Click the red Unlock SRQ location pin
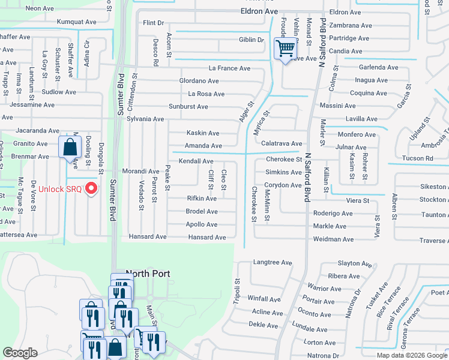[x=91, y=188]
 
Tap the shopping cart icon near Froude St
[x=286, y=47]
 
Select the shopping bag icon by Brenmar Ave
[x=70, y=146]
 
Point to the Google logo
[x=20, y=353]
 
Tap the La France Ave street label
[x=229, y=68]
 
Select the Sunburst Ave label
[x=188, y=106]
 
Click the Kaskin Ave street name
[x=202, y=133]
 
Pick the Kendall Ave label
[x=196, y=161]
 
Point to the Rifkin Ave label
[x=202, y=198]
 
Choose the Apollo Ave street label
[x=202, y=224]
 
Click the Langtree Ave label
[x=273, y=263]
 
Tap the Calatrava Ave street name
[x=282, y=143]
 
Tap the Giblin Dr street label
[x=252, y=40]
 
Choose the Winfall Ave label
[x=264, y=299]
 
